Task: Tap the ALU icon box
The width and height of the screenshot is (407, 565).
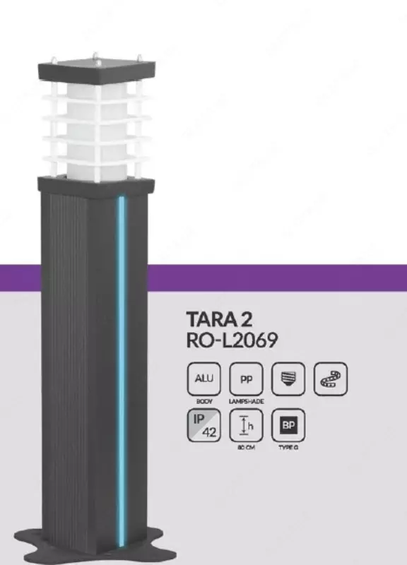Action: tap(203, 379)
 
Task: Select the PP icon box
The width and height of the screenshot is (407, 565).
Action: tap(246, 379)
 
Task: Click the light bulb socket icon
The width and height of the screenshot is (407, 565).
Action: tap(288, 379)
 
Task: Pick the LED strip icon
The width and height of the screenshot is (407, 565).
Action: tap(331, 379)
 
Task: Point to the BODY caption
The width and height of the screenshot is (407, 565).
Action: tap(203, 400)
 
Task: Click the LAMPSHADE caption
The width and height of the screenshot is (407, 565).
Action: tap(246, 400)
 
